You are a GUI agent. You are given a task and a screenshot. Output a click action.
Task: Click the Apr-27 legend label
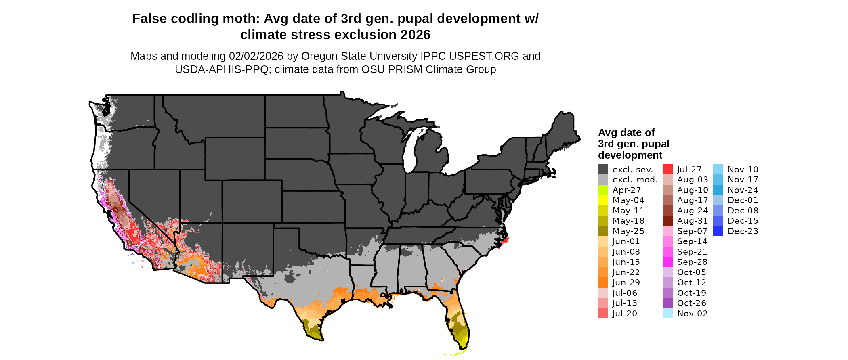click(626, 190)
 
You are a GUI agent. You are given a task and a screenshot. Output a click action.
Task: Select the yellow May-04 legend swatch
click(603, 200)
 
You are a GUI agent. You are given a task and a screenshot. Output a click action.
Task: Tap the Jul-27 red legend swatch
click(667, 170)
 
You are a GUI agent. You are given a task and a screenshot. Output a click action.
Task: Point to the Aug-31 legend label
click(693, 221)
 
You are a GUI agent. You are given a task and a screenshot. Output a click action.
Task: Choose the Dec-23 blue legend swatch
click(718, 231)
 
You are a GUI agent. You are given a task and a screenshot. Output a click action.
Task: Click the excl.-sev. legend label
click(632, 170)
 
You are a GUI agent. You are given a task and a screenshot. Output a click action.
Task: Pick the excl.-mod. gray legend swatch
click(603, 180)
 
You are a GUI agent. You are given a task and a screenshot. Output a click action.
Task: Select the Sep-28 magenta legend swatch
click(667, 262)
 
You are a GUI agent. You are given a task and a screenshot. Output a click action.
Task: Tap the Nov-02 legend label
click(693, 314)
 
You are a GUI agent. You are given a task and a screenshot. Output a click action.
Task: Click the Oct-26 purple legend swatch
click(667, 303)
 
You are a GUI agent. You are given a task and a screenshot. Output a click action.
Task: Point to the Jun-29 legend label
click(626, 283)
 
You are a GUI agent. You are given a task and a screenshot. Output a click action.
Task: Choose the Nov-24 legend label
click(743, 190)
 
